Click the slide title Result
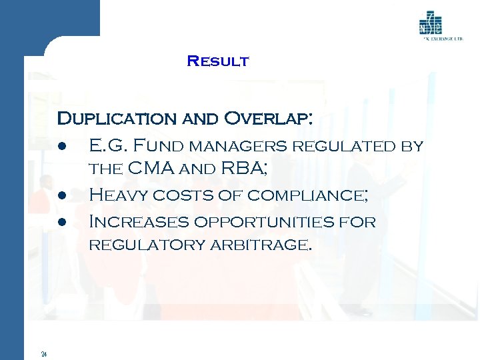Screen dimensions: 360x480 pos(218,61)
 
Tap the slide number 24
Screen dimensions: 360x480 pos(43,353)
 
